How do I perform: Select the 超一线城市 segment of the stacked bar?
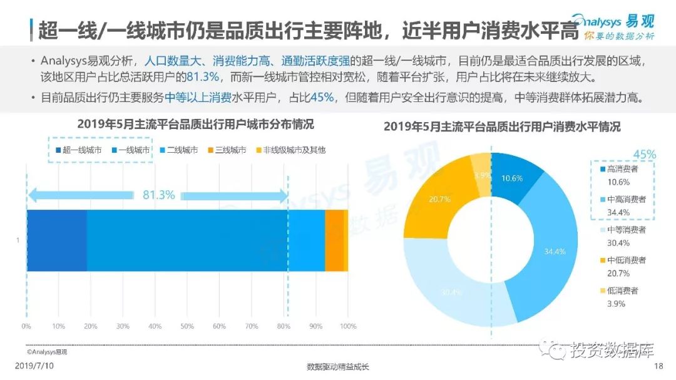pos(56,240)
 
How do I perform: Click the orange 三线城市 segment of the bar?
pos(334,240)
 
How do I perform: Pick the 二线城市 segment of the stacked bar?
pos(306,240)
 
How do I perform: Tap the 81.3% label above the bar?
pos(158,195)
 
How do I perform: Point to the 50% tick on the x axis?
pos(187,326)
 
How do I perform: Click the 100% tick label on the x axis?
pos(347,326)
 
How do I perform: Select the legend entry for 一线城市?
pos(131,150)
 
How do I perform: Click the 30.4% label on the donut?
pos(449,292)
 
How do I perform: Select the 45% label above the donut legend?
pos(644,154)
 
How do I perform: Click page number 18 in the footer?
pos(657,366)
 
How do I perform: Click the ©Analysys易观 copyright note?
pos(47,352)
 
